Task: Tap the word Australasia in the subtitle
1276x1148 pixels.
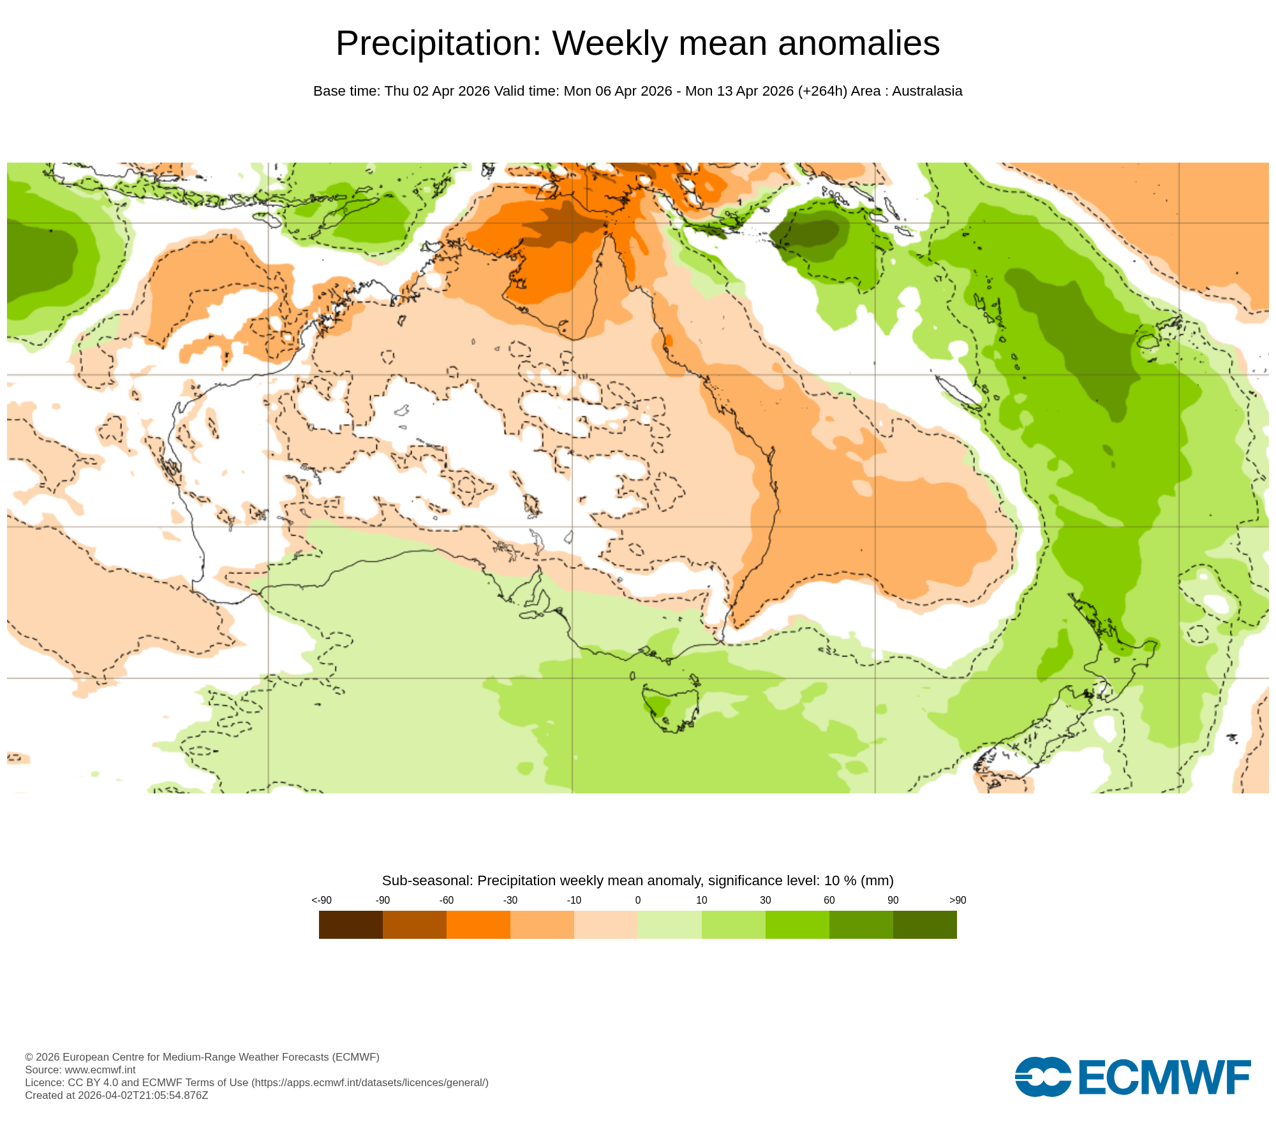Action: (926, 91)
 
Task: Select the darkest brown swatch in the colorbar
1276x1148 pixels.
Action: (350, 924)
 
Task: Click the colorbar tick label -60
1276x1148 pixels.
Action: (446, 900)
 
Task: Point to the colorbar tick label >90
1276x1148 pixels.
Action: (957, 900)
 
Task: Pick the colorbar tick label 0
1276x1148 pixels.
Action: (637, 900)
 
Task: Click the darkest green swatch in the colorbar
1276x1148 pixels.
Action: (924, 924)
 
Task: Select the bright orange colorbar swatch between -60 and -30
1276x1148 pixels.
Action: (478, 924)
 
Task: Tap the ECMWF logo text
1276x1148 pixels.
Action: (1164, 1078)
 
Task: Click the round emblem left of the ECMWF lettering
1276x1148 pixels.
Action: (1043, 1077)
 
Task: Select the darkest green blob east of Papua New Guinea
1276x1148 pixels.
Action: (810, 233)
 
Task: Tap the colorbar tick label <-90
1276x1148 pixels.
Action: (321, 900)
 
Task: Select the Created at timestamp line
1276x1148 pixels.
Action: (116, 1095)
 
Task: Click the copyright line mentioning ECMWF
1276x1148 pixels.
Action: (202, 1057)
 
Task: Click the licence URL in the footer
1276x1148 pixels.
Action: (370, 1082)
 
